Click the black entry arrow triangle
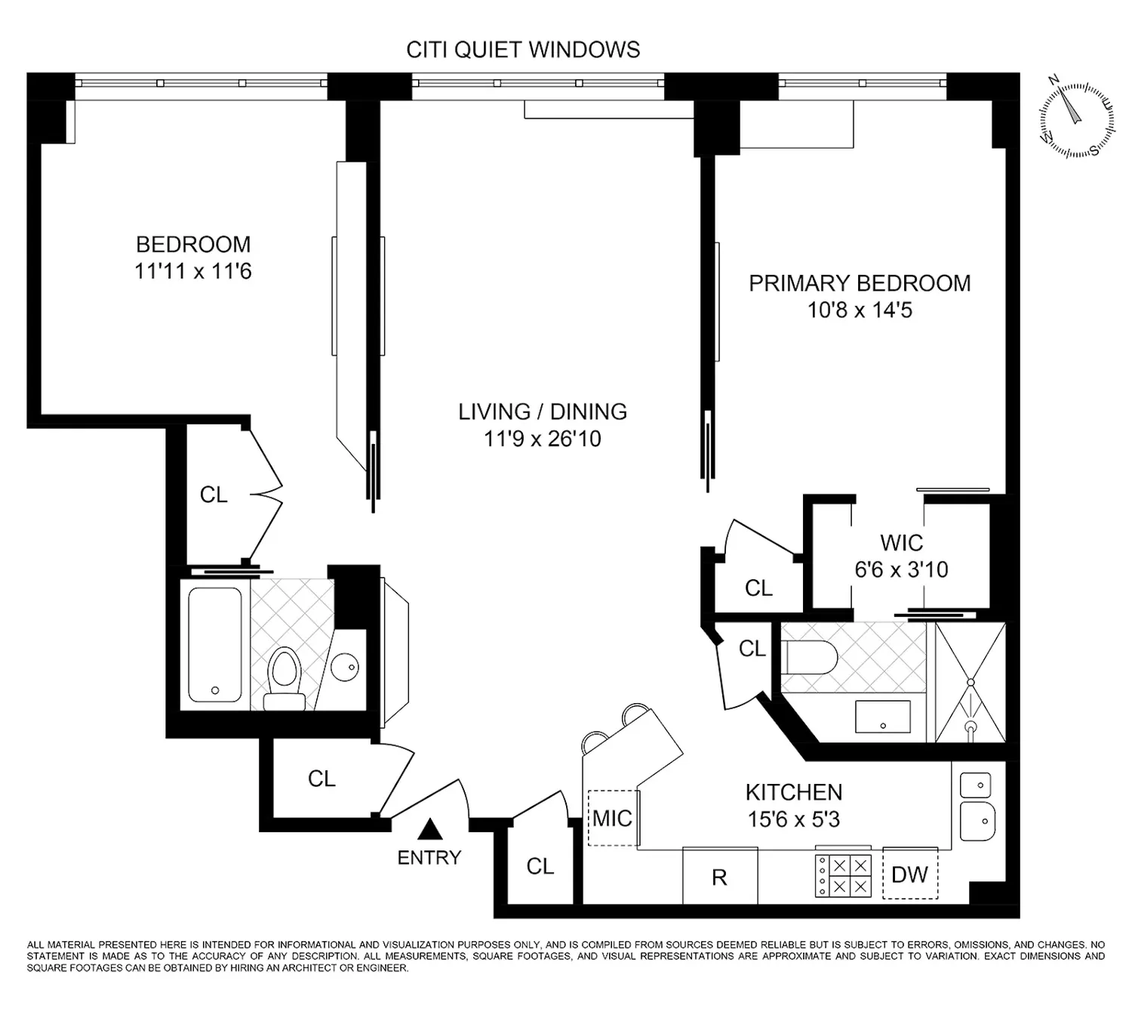430,829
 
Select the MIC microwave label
612,819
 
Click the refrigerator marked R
720,875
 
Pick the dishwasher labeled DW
909,873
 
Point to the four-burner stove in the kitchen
843,875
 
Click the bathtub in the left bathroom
215,644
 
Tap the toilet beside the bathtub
285,679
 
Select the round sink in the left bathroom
345,666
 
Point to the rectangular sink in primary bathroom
883,716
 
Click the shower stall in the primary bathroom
971,682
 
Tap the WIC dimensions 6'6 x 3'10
901,569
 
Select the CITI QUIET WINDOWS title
523,51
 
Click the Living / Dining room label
543,412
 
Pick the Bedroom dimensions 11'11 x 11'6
192,271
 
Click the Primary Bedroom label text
860,283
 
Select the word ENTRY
429,858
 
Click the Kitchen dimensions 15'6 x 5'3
793,819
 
